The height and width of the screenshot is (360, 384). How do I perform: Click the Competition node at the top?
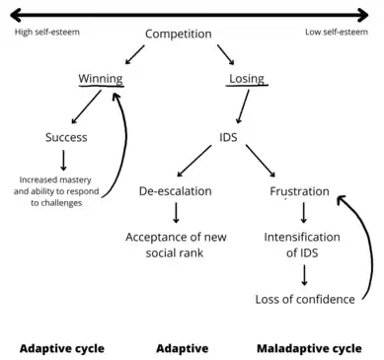point(179,35)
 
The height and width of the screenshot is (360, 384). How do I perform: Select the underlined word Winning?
point(101,79)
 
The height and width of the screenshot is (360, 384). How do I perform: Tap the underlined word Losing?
point(247,79)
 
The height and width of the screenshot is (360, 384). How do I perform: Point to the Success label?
point(66,137)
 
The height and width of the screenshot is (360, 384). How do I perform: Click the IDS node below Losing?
point(228,137)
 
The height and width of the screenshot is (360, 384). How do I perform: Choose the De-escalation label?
point(176,191)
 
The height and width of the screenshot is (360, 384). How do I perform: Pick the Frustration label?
point(299,191)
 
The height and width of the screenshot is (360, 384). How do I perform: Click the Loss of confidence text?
point(305,300)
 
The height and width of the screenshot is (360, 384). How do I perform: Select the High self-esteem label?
point(47,33)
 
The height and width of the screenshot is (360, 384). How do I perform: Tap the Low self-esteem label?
point(337,33)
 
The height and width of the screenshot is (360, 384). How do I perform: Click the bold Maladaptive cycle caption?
point(309,348)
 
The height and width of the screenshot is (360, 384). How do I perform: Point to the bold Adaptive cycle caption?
point(62,348)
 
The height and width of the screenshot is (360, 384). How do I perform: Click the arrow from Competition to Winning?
point(135,54)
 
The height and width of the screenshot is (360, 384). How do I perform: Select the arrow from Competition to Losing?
point(226,54)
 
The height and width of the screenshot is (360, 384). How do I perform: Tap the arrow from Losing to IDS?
point(243,107)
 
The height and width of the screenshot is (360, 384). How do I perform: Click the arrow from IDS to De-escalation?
point(194,161)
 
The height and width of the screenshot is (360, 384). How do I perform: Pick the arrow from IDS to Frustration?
point(261,161)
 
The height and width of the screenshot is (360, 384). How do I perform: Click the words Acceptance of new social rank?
point(176,245)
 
